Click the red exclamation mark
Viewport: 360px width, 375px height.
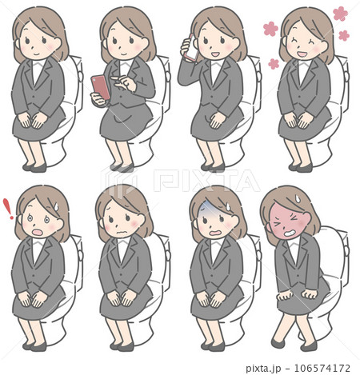[x=9, y=209]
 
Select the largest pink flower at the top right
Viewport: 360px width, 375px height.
[x=340, y=14]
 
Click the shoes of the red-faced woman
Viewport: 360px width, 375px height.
[x=292, y=345]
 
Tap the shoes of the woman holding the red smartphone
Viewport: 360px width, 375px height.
[x=122, y=168]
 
